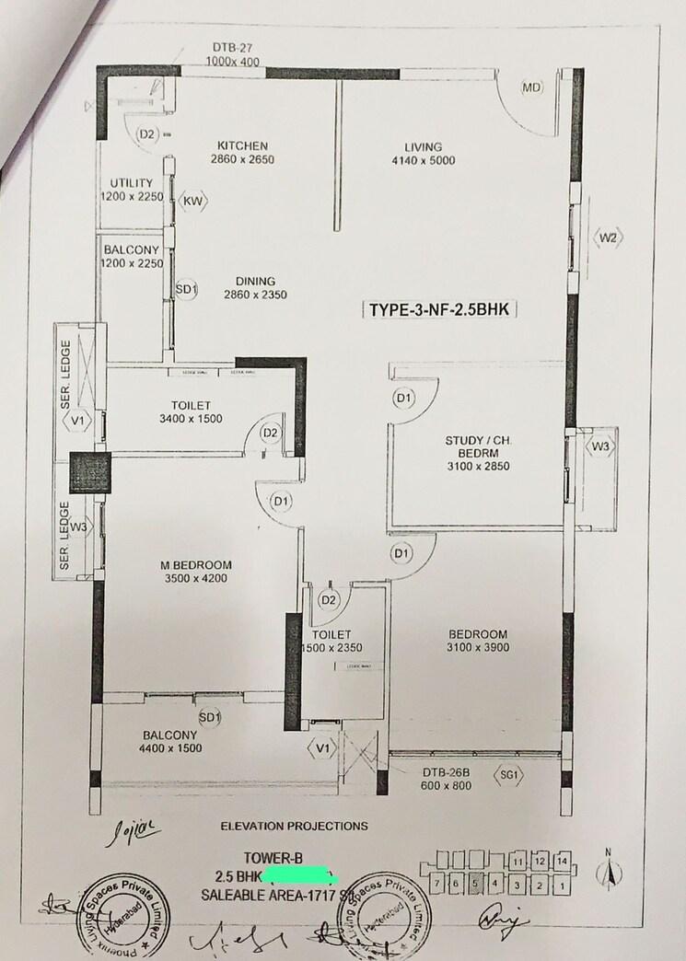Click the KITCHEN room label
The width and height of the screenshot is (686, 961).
pyautogui.click(x=242, y=145)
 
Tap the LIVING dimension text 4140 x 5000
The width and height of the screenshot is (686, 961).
pyautogui.click(x=423, y=161)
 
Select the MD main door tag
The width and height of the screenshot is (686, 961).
pyautogui.click(x=531, y=88)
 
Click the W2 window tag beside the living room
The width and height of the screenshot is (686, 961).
pyautogui.click(x=608, y=237)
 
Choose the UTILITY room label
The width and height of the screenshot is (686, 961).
pyautogui.click(x=131, y=183)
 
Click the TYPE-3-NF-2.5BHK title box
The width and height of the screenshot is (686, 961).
pyautogui.click(x=438, y=310)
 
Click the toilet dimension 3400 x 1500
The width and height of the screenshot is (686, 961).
pyautogui.click(x=191, y=419)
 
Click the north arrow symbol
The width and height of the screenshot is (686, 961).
pyautogui.click(x=608, y=869)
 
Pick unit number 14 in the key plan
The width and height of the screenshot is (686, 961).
pyautogui.click(x=564, y=861)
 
